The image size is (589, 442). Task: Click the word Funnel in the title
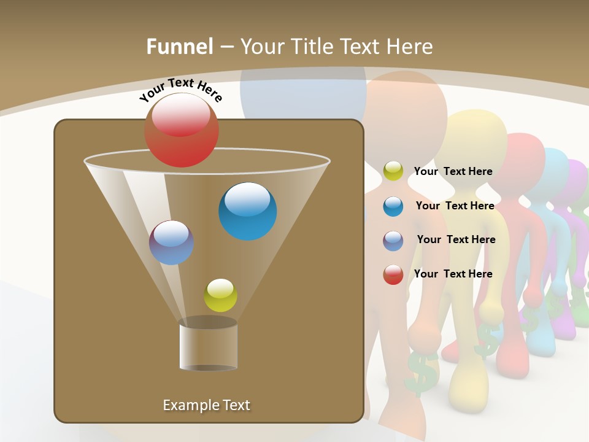179,47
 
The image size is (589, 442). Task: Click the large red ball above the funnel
181,130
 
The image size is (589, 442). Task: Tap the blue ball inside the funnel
247,211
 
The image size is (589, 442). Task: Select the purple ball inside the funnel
171,242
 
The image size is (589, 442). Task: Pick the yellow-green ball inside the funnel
220,295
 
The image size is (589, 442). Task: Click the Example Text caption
206,405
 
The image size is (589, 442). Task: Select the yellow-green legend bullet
393,171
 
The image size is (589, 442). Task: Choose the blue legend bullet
393,206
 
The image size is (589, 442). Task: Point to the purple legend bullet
393,240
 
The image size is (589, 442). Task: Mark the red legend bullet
393,274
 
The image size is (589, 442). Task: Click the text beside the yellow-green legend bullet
453,171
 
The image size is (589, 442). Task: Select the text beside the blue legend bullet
455,206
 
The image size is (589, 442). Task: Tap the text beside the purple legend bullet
456,239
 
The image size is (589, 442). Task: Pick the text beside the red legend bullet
453,274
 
